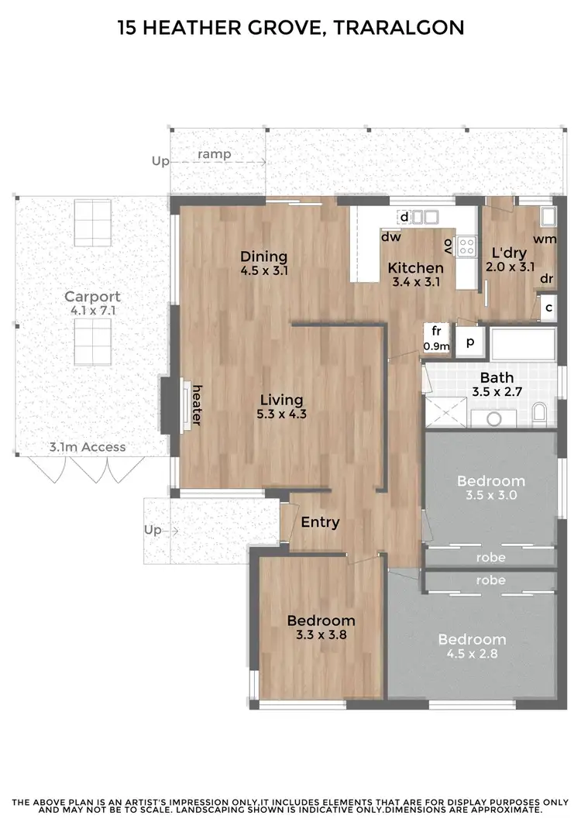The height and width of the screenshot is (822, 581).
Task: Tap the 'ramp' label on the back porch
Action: pos(215,154)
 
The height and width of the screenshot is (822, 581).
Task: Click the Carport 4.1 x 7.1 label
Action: pos(92,303)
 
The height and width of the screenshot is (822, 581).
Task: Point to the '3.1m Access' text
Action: pos(87,447)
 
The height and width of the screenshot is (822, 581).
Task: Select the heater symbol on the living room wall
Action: pos(185,404)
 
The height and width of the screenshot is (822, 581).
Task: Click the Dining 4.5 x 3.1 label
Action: pos(263,263)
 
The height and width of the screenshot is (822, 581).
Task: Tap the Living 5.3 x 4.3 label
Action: pos(281,407)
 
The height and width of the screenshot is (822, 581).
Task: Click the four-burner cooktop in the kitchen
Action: pos(466,246)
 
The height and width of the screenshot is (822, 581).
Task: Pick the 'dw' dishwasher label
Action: pos(390,238)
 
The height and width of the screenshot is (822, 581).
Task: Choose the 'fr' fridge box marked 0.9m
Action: pos(436,338)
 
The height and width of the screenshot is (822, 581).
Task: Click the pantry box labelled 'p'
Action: pos(469,341)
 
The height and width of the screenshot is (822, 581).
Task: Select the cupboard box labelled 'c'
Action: pos(548,308)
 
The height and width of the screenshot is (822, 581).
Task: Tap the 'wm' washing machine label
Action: pos(545,239)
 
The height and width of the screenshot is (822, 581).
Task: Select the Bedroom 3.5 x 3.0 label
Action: pos(490,488)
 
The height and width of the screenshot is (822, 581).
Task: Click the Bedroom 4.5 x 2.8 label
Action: pos(472,646)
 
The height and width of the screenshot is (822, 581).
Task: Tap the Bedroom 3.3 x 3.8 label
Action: pos(321,628)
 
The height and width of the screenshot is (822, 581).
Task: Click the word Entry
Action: pos(320,522)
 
